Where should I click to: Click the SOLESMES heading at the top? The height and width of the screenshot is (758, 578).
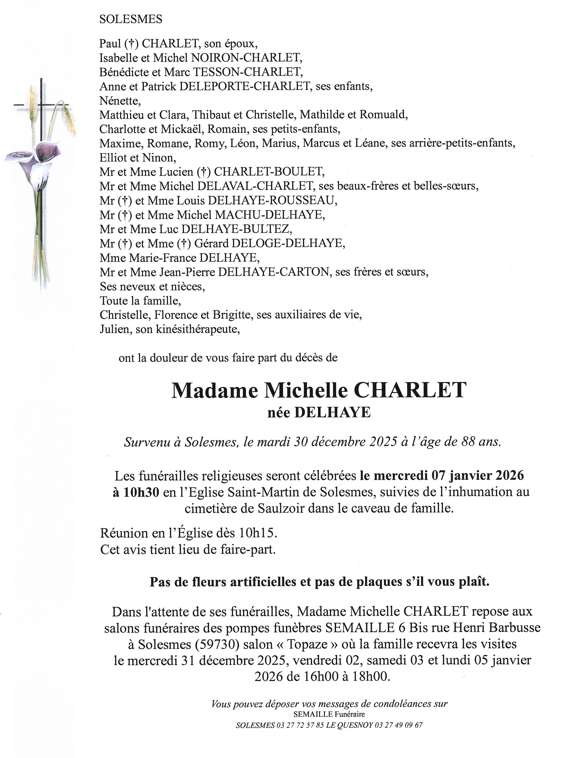[131, 19]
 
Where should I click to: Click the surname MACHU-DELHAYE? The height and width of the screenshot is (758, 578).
[270, 215]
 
